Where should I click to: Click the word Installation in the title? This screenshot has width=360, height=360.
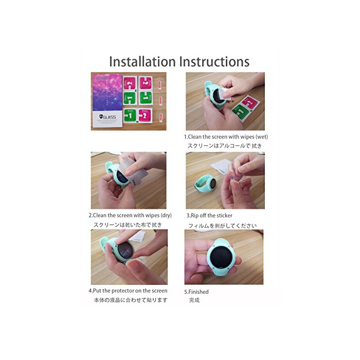[142, 62]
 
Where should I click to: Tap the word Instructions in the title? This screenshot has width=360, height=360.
[214, 62]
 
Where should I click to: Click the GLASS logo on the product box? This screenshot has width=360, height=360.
[107, 117]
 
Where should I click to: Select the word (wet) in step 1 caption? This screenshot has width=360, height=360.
[262, 137]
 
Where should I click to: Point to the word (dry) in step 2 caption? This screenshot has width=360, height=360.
[166, 215]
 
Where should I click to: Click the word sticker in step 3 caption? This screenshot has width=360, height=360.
[224, 215]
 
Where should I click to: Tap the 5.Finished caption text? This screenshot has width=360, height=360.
[196, 292]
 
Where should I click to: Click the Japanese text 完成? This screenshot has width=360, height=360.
[194, 300]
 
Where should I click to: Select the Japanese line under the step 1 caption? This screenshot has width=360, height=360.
[225, 146]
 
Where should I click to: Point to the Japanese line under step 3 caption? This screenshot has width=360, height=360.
[222, 226]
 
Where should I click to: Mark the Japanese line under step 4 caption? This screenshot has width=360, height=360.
[131, 300]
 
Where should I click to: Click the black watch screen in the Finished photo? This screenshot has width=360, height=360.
[221, 257]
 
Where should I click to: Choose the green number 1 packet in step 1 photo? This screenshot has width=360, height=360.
[240, 111]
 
